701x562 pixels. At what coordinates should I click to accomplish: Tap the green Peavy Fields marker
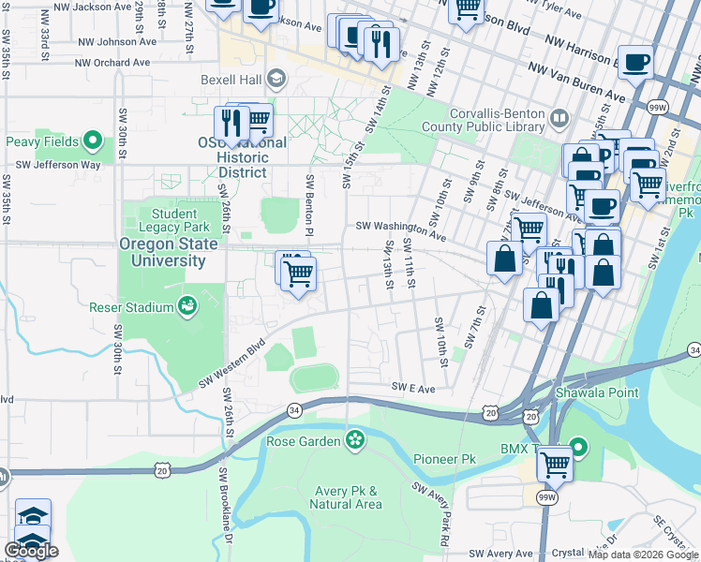click(x=92, y=141)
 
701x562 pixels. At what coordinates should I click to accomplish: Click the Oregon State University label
click(x=169, y=252)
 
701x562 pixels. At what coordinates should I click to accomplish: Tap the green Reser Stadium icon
click(x=187, y=306)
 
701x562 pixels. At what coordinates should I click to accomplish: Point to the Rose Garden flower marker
click(x=354, y=439)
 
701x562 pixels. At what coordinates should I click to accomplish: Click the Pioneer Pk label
click(x=445, y=460)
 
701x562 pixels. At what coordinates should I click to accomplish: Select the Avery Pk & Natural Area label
click(x=348, y=497)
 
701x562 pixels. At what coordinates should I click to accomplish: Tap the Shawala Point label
click(x=597, y=392)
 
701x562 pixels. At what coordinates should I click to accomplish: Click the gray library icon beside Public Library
click(x=559, y=119)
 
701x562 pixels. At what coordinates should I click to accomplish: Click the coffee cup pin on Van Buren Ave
click(x=635, y=63)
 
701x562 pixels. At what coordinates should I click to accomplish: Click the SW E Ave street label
click(x=413, y=387)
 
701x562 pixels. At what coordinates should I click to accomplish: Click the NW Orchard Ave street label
click(x=113, y=62)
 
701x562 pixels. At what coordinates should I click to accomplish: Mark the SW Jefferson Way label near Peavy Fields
click(x=51, y=164)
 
